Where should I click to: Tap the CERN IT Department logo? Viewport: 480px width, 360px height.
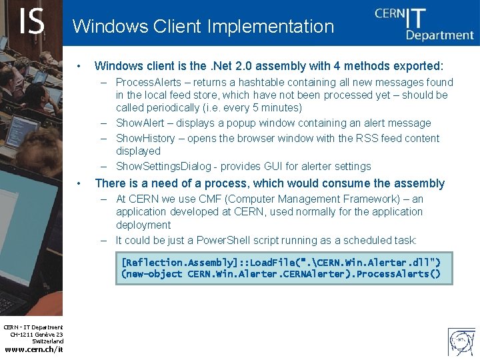(423, 23)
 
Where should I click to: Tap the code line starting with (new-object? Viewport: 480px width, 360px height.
(281, 274)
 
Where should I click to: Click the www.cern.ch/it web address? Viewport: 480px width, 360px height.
(34, 349)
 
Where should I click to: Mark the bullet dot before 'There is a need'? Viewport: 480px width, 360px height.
(79, 183)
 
